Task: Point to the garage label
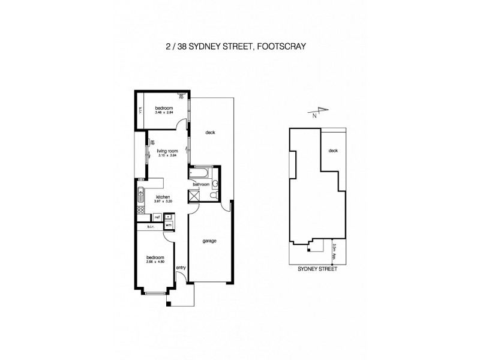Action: (209, 241)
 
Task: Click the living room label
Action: (168, 151)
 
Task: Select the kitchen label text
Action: (163, 197)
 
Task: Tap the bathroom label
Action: (201, 184)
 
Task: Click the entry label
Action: (180, 268)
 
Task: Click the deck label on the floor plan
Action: (210, 133)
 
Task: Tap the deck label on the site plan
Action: (334, 151)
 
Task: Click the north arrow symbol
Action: (321, 111)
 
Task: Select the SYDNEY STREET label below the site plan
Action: (317, 270)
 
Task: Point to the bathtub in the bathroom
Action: (199, 175)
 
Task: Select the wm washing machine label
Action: (169, 224)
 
